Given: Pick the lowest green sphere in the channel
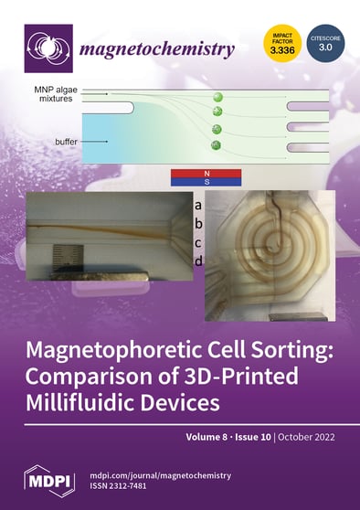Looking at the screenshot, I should click(217, 145).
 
